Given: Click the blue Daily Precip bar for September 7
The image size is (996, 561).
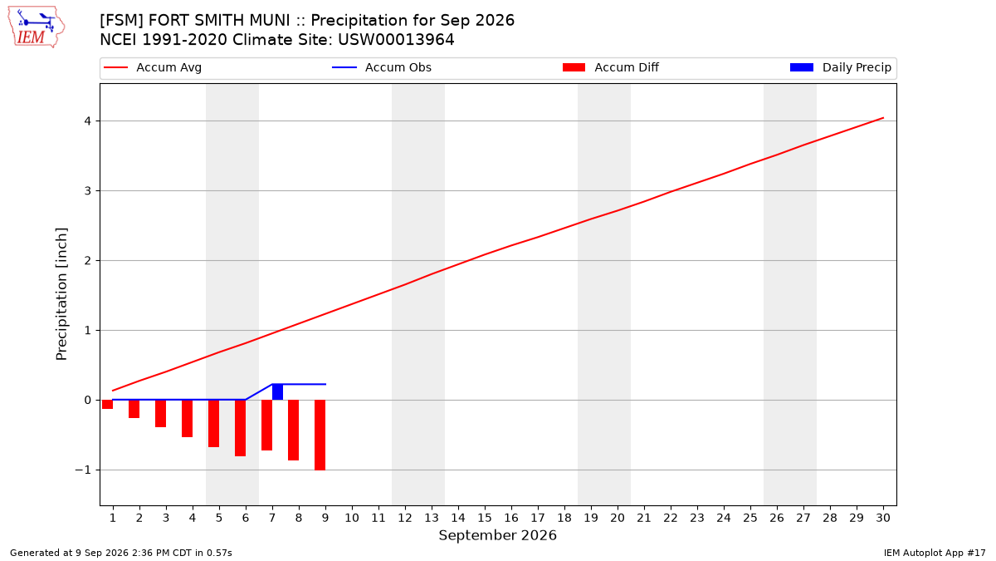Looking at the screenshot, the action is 277,391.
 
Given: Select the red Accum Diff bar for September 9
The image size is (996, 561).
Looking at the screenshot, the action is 320,435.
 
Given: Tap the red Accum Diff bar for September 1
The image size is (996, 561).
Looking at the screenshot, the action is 108,404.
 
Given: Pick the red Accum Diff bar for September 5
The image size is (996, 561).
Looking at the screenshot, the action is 214,423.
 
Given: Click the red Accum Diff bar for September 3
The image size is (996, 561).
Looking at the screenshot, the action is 160,414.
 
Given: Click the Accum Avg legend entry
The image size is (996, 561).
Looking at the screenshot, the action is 153,67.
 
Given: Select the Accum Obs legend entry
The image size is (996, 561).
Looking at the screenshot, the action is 382,67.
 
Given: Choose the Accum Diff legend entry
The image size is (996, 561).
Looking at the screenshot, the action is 611,67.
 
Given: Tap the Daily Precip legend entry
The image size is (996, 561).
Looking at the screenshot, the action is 840,67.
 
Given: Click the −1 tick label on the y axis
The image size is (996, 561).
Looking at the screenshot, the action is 83,470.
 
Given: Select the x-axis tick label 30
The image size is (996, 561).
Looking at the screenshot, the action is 883,518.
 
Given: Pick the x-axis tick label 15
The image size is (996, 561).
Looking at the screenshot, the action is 485,518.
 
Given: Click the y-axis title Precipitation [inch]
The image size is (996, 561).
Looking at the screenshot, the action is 61,294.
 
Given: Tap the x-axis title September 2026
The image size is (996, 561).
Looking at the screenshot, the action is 497,535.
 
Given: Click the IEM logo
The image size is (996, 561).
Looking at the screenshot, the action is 37,27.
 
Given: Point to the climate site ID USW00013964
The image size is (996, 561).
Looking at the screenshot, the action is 396,40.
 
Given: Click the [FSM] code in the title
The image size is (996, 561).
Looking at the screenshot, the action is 121,21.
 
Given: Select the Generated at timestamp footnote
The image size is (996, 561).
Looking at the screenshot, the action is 121,553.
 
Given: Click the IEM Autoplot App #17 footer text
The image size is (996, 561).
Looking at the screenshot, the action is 935,553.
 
